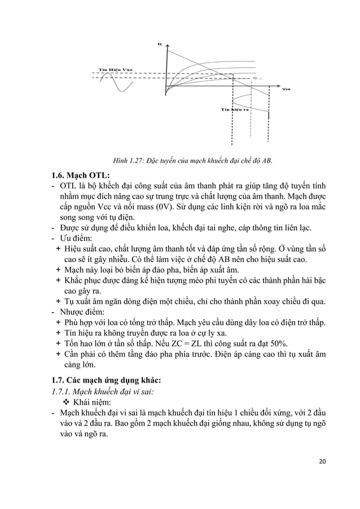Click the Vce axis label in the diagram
[x=287, y=89]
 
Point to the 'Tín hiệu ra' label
[x=234, y=108]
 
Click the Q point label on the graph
[x=253, y=78]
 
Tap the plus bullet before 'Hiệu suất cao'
[x=59, y=248]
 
